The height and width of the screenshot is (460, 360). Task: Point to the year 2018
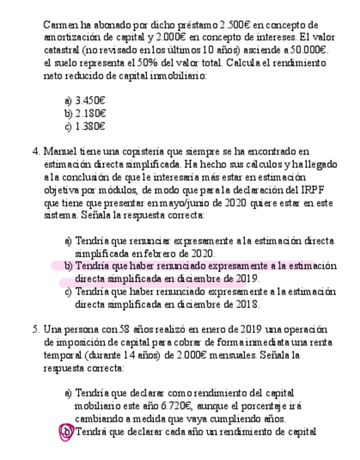249,304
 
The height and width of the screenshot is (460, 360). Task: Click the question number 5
35,330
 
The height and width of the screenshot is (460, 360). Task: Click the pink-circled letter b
67,432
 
